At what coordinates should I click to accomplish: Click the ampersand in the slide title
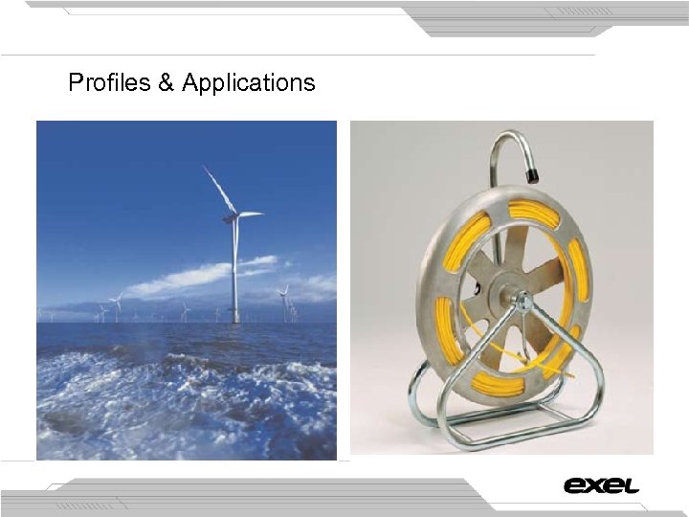[167, 83]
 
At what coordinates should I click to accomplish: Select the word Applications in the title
[248, 84]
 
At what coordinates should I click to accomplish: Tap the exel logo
[601, 485]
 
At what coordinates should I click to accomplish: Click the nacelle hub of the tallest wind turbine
[233, 216]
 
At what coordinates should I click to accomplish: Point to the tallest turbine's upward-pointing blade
[217, 189]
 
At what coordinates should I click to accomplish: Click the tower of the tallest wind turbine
[234, 273]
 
